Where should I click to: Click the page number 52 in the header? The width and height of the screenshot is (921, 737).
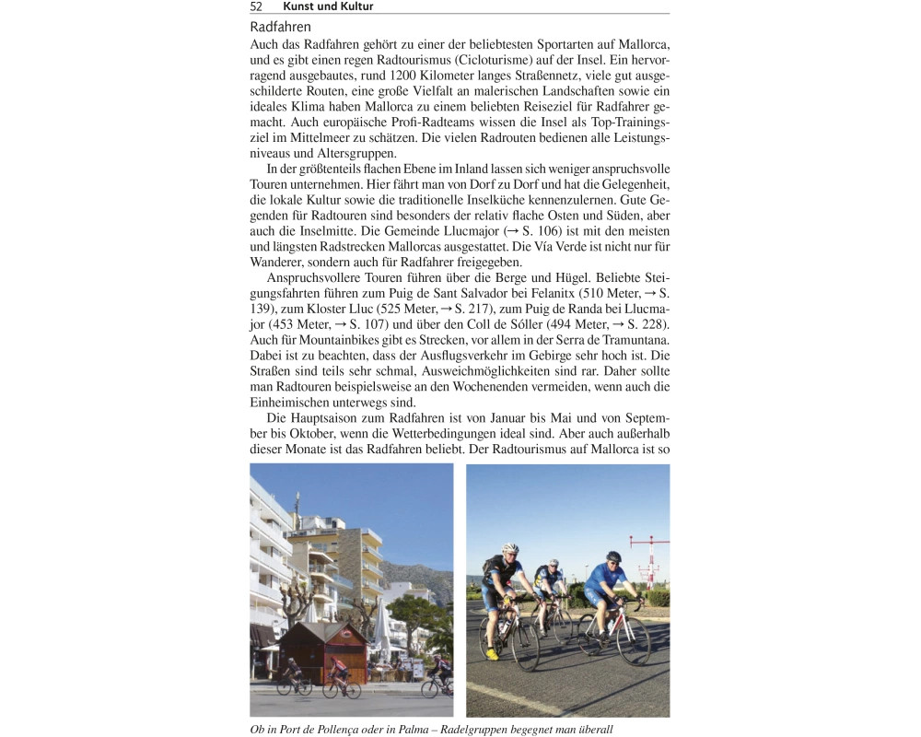[257, 6]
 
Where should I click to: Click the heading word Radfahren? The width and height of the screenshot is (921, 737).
[280, 28]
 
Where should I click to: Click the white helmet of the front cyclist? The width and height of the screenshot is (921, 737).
[510, 549]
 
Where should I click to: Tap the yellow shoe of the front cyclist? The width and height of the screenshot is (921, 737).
[494, 654]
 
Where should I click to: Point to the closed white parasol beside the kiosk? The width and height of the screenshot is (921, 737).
[380, 631]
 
